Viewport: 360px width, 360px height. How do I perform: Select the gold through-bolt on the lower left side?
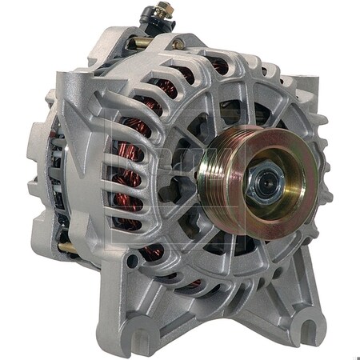point(69,248)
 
